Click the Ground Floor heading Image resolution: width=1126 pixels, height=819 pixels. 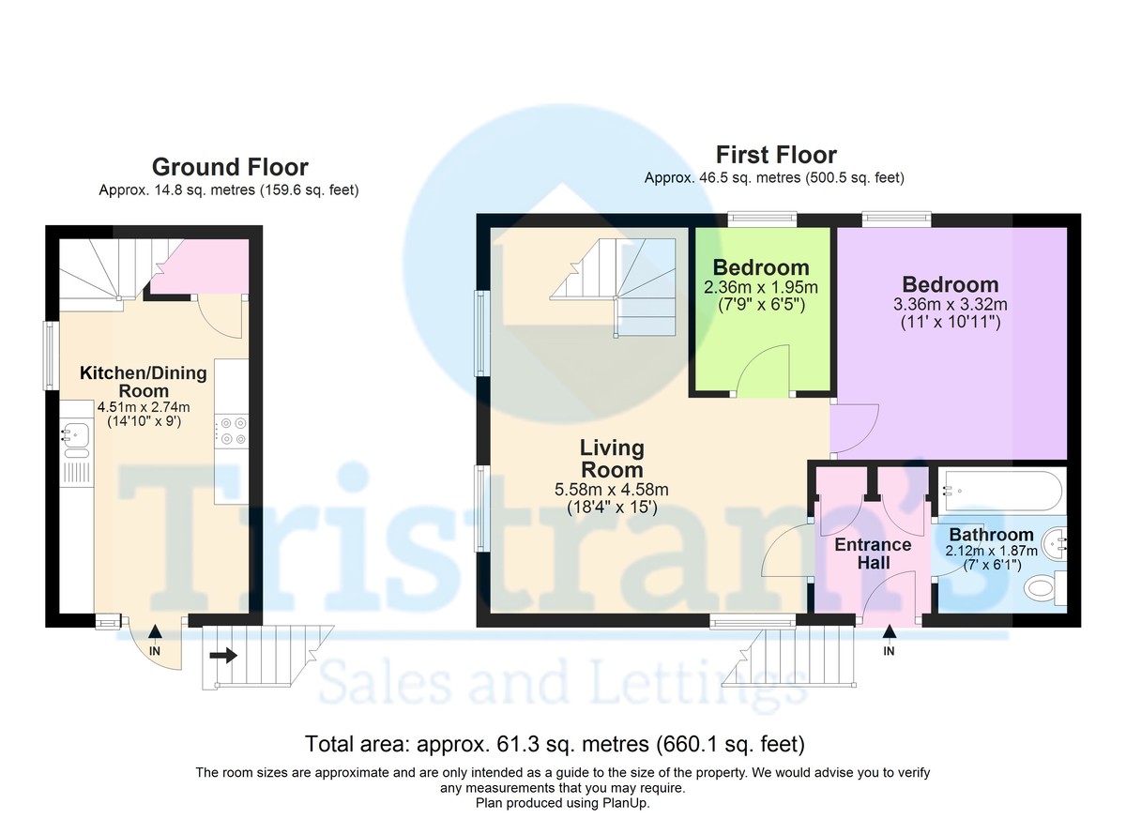pyautogui.click(x=230, y=167)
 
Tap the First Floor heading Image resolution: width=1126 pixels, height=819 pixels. pyautogui.click(x=776, y=155)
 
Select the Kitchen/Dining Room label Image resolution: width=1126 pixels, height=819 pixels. pyautogui.click(x=144, y=382)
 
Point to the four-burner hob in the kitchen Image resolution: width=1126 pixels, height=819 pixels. pyautogui.click(x=231, y=432)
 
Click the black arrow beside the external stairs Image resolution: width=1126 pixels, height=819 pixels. pyautogui.click(x=223, y=655)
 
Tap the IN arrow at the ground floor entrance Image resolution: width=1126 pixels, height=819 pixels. pyautogui.click(x=155, y=632)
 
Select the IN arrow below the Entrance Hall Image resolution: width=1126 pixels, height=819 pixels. pyautogui.click(x=889, y=632)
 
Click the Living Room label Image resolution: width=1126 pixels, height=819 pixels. pyautogui.click(x=612, y=459)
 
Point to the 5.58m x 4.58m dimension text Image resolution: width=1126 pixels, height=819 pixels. pyautogui.click(x=611, y=489)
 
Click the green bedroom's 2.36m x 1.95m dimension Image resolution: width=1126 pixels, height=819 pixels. pyautogui.click(x=761, y=287)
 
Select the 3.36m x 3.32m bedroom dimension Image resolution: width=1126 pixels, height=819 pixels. pyautogui.click(x=950, y=305)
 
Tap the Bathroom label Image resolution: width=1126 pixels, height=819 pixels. pyautogui.click(x=991, y=534)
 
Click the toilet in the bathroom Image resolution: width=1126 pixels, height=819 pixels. pyautogui.click(x=1045, y=587)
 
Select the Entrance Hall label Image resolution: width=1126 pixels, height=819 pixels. pyautogui.click(x=874, y=554)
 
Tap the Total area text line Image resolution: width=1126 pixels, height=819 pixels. pyautogui.click(x=555, y=744)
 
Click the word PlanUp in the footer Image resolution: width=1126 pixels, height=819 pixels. pyautogui.click(x=627, y=803)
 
